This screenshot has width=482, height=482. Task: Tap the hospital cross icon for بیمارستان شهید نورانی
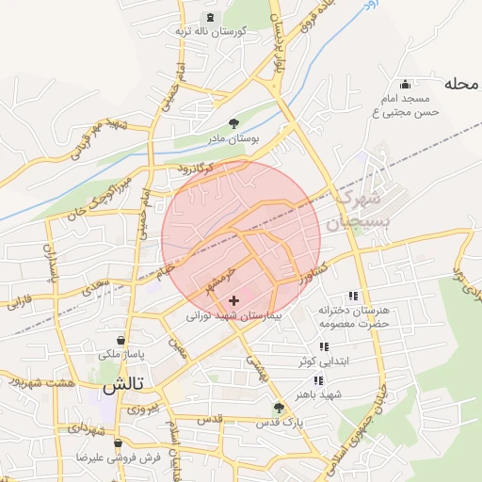233,300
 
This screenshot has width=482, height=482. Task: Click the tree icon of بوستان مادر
233,122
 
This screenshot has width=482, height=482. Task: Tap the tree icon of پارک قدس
278,408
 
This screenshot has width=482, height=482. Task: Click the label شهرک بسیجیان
357,211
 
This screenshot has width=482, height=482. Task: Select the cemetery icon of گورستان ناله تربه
209,17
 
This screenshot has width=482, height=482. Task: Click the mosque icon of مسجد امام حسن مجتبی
405,83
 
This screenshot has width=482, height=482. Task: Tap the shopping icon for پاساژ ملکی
120,340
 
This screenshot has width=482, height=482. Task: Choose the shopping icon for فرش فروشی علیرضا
117,442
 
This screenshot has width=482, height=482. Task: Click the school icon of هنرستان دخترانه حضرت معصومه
353,295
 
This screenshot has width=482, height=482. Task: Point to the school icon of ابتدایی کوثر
325,346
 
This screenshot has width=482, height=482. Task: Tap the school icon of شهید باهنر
318,379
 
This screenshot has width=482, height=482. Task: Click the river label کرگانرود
196,169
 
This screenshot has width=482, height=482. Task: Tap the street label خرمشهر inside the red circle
216,279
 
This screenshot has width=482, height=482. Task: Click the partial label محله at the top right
462,83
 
